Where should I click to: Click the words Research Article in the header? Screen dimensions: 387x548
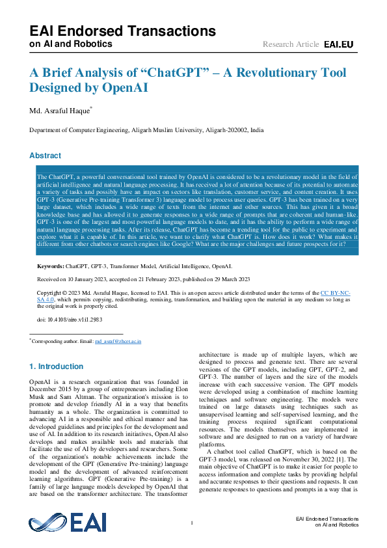(291, 44)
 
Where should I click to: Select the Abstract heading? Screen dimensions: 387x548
(46, 156)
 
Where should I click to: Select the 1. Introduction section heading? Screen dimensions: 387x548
(57, 367)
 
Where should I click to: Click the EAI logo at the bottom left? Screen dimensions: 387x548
(67, 523)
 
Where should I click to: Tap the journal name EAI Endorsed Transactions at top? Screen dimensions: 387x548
(122, 31)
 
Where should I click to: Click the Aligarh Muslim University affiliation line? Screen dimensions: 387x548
(146, 130)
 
